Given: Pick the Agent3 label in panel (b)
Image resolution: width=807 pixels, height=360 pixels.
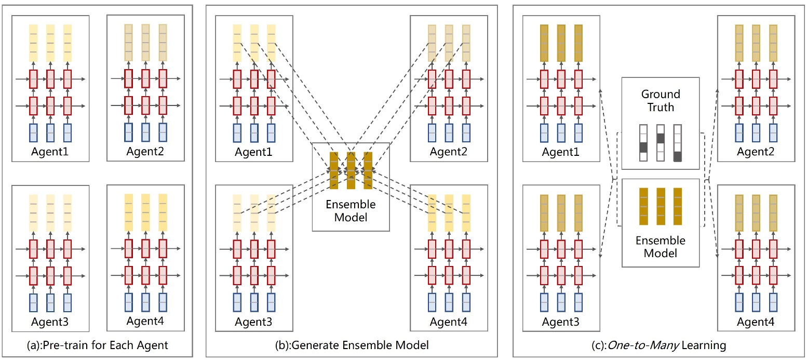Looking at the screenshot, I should [253, 322].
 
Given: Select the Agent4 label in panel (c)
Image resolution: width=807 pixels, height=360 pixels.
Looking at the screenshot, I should [756, 322].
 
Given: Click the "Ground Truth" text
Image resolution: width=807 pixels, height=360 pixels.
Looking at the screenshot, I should [660, 101].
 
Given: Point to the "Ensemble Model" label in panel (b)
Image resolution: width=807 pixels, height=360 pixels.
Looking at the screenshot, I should [351, 210].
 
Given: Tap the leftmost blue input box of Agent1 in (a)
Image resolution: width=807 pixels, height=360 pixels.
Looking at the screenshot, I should [33, 134].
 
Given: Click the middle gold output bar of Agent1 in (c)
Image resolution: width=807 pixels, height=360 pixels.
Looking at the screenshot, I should [561, 43].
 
